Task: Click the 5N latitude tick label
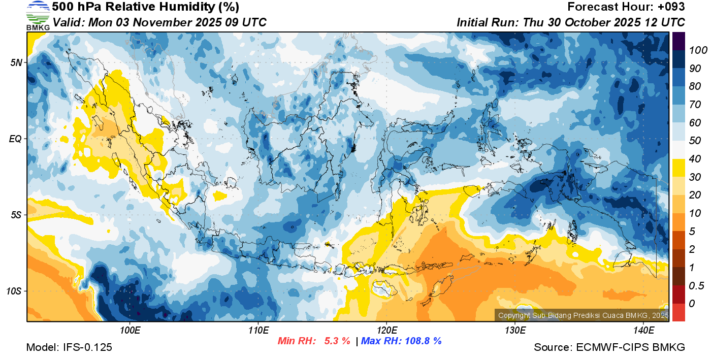[x=16, y=62]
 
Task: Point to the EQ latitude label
[x=16, y=139]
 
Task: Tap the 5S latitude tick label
[x=16, y=215]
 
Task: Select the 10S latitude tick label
[x=14, y=291]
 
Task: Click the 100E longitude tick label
[x=130, y=331]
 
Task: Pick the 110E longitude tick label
[x=258, y=331]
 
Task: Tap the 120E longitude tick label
[x=386, y=331]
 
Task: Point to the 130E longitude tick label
[x=515, y=331]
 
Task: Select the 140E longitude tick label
[x=643, y=331]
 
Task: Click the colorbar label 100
[x=698, y=50]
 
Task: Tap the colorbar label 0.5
[x=696, y=285]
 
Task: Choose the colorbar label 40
[x=695, y=159]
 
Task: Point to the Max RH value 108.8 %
[x=422, y=341]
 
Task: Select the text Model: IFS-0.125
[x=69, y=347]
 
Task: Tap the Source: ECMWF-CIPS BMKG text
[x=609, y=347]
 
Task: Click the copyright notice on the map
[x=582, y=316]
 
